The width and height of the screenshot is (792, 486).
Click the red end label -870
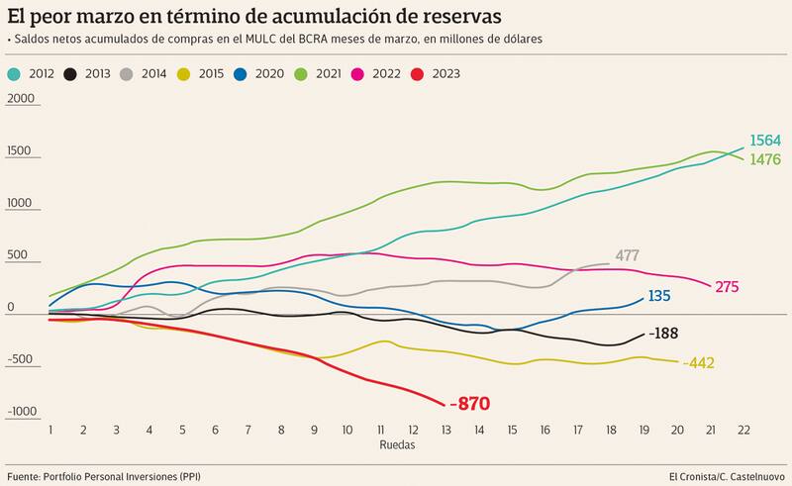coord(469,404)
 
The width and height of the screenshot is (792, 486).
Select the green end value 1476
coord(765,159)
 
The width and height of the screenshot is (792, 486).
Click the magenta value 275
coord(727,287)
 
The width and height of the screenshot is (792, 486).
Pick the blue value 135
coord(660,296)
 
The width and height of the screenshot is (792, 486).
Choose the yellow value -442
coord(698,363)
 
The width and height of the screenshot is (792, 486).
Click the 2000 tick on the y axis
coord(20,99)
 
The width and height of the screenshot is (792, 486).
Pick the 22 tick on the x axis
coord(741,431)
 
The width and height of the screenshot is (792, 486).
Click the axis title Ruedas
coord(396,445)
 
